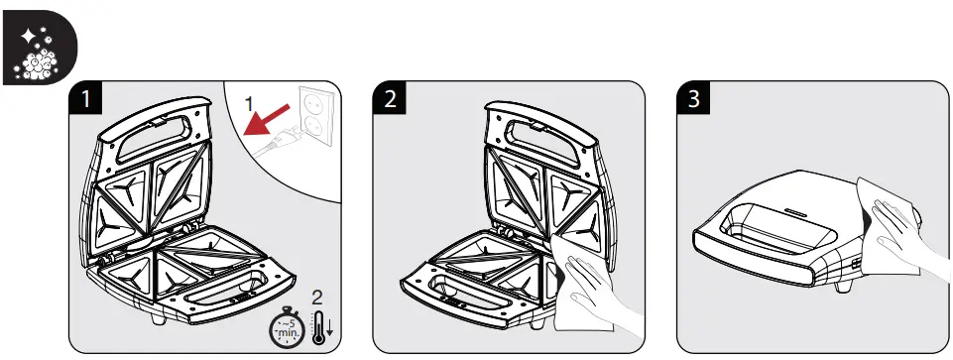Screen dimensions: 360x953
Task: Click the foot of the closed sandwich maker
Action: [846, 289]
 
